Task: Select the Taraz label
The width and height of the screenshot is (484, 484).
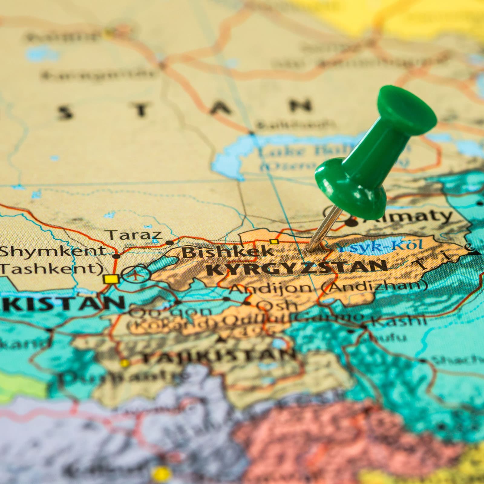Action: pos(135,235)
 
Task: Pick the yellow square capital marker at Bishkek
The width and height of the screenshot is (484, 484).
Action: pos(274,241)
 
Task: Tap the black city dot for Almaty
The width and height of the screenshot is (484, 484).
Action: pos(351,223)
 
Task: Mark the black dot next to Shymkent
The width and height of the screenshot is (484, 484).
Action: pos(116,257)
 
